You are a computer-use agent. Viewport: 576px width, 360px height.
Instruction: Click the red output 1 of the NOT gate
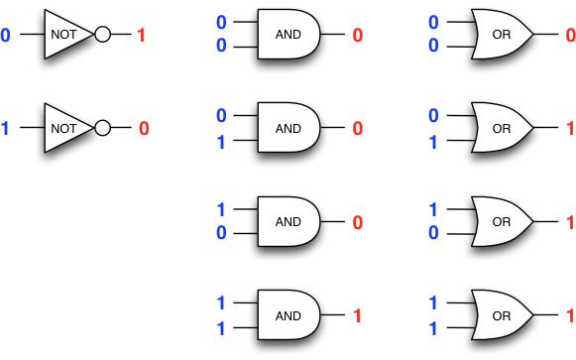pyautogui.click(x=141, y=36)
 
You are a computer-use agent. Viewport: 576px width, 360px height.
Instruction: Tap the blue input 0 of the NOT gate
pyautogui.click(x=5, y=36)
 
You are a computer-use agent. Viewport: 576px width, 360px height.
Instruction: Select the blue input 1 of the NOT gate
pyautogui.click(x=5, y=128)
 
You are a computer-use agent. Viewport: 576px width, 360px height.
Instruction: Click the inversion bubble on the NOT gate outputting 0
pyautogui.click(x=102, y=128)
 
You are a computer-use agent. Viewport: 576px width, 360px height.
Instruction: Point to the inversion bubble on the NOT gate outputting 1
pyautogui.click(x=102, y=36)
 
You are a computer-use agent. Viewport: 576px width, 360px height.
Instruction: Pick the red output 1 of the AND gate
pyautogui.click(x=359, y=316)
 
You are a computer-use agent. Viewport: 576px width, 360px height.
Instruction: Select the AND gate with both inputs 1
pyautogui.click(x=288, y=316)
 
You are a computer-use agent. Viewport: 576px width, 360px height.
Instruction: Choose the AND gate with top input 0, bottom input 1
pyautogui.click(x=288, y=128)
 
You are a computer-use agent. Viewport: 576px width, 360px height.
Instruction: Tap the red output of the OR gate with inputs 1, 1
pyautogui.click(x=570, y=316)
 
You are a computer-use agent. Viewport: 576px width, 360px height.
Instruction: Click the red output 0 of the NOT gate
pyautogui.click(x=144, y=128)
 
